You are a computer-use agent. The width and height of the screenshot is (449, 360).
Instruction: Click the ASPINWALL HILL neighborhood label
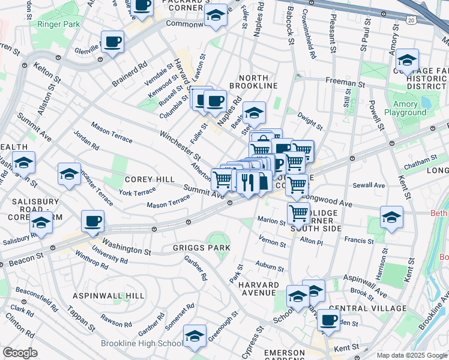coord(109,296)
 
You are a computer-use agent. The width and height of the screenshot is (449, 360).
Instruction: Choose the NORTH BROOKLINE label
coord(258,86)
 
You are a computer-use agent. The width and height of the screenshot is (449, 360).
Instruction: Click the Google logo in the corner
coord(19,353)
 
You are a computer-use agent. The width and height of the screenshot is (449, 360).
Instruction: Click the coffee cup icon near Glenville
coord(112,43)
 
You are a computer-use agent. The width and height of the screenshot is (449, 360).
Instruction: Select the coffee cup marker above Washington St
coord(92,221)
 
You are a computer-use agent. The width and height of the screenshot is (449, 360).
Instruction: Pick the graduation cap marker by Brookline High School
coord(194,336)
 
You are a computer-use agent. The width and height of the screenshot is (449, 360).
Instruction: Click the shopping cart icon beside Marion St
coord(298,212)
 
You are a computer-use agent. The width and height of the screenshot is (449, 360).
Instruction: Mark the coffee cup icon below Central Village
coord(328,320)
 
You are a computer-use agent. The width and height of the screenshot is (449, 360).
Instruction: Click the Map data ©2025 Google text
coord(412,355)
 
